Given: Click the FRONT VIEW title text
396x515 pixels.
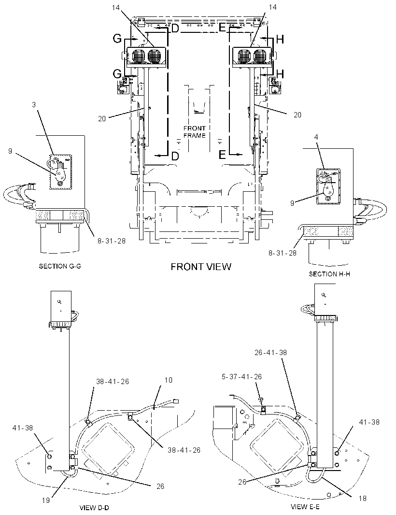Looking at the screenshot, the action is [200, 267].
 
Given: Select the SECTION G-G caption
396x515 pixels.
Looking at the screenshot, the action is [60, 266].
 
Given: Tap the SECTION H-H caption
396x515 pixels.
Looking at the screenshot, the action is [329, 274].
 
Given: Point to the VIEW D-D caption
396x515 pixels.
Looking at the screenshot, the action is [94, 508].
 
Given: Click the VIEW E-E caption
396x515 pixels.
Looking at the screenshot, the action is [305, 507].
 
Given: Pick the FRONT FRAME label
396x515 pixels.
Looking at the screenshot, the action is [195, 132].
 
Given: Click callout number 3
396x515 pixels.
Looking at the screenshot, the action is [34, 105].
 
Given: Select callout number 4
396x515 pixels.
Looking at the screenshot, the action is [316, 137].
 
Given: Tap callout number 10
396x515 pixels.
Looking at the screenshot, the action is [168, 380].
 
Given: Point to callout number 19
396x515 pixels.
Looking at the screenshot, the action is [46, 500].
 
